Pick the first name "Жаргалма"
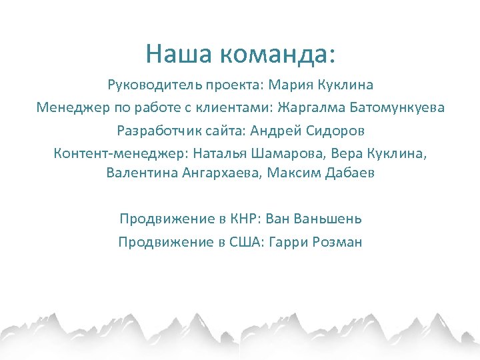coord(313,107)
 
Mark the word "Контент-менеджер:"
coord(121,153)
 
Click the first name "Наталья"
coord(220,153)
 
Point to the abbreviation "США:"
coord(246,242)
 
